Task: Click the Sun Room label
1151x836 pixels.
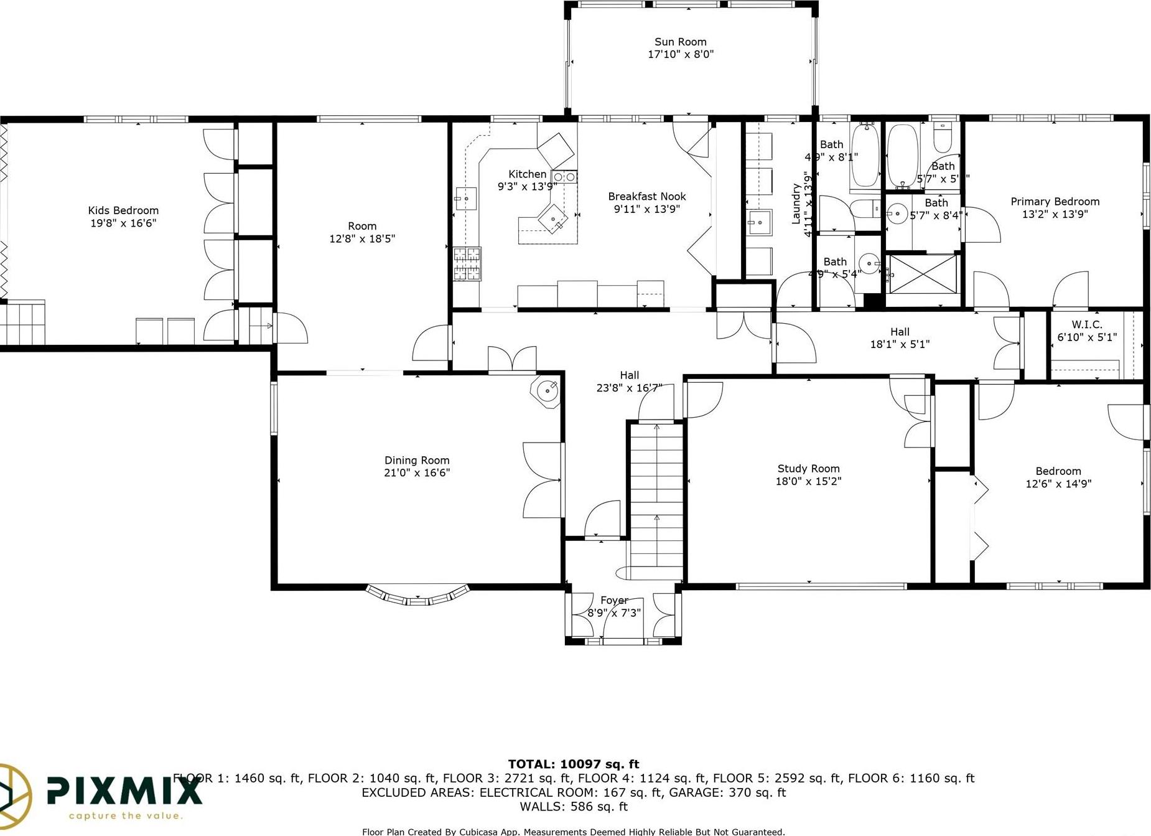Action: click(x=680, y=42)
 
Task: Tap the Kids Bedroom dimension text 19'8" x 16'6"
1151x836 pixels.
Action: click(x=123, y=223)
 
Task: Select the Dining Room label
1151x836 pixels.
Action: click(x=417, y=461)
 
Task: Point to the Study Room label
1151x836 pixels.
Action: click(x=808, y=469)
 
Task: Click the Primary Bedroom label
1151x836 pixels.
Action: click(x=1055, y=202)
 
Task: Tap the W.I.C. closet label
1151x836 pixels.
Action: click(x=1087, y=325)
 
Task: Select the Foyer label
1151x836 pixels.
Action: click(x=614, y=601)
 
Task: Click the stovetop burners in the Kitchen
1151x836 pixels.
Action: click(x=467, y=264)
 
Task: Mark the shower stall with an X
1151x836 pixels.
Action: click(x=923, y=273)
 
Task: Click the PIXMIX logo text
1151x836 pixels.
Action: click(x=124, y=791)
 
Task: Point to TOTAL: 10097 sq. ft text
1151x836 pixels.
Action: click(x=574, y=764)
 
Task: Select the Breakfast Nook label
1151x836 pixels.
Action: click(x=647, y=197)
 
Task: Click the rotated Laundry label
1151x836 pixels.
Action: click(x=796, y=203)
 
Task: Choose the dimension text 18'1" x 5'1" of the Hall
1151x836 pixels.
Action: click(x=900, y=344)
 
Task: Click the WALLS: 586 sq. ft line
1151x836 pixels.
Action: click(x=574, y=807)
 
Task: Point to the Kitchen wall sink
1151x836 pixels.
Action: click(x=465, y=199)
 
